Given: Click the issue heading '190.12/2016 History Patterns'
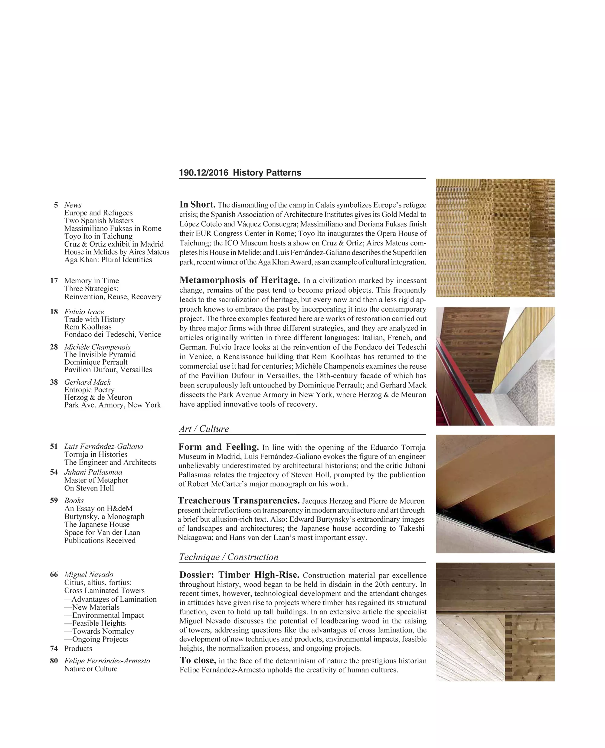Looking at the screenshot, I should coord(240,173).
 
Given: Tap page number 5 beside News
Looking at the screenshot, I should coord(56,205).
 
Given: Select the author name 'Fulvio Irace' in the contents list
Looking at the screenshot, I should coord(84,312).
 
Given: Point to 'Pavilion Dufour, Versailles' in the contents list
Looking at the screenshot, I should coord(108,370).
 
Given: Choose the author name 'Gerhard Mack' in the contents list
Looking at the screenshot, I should coord(87,382).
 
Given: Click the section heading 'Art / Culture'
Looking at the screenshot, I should coord(204,429).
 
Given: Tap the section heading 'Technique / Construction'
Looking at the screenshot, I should coord(229,557).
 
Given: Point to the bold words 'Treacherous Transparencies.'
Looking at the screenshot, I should coord(239,500).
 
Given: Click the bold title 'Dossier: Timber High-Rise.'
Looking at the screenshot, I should coord(239,575).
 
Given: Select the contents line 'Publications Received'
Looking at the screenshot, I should coord(100,540).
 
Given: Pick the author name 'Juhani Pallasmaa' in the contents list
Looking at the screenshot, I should coord(93,472).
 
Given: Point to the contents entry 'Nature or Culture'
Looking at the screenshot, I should coord(91,669).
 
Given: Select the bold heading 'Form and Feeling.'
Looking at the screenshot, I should coord(218,447).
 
